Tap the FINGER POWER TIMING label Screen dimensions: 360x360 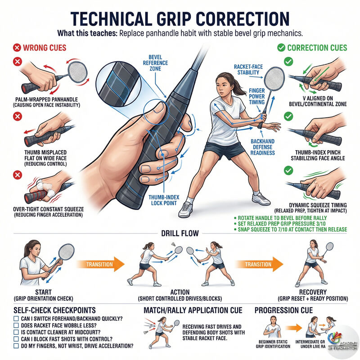pyautogui.click(x=256, y=96)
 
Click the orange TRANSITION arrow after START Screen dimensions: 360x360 pyautogui.click(x=101, y=264)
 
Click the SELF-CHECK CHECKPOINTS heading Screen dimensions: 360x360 pyautogui.click(x=56, y=310)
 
